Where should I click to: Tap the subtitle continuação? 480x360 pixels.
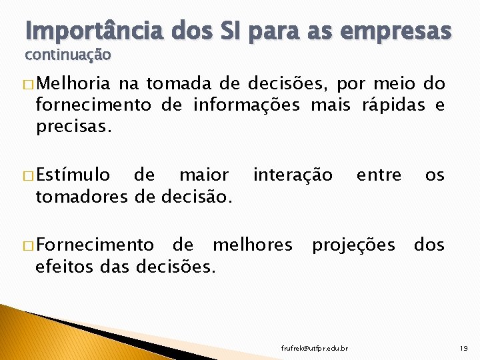(x=68, y=54)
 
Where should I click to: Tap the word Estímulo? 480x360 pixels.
(x=74, y=175)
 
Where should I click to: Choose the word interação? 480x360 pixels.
(x=293, y=175)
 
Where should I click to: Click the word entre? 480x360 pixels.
(x=379, y=175)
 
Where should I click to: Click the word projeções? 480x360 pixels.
(x=354, y=245)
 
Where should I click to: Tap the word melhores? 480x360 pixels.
(x=253, y=245)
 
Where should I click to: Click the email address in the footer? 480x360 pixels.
(x=314, y=347)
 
